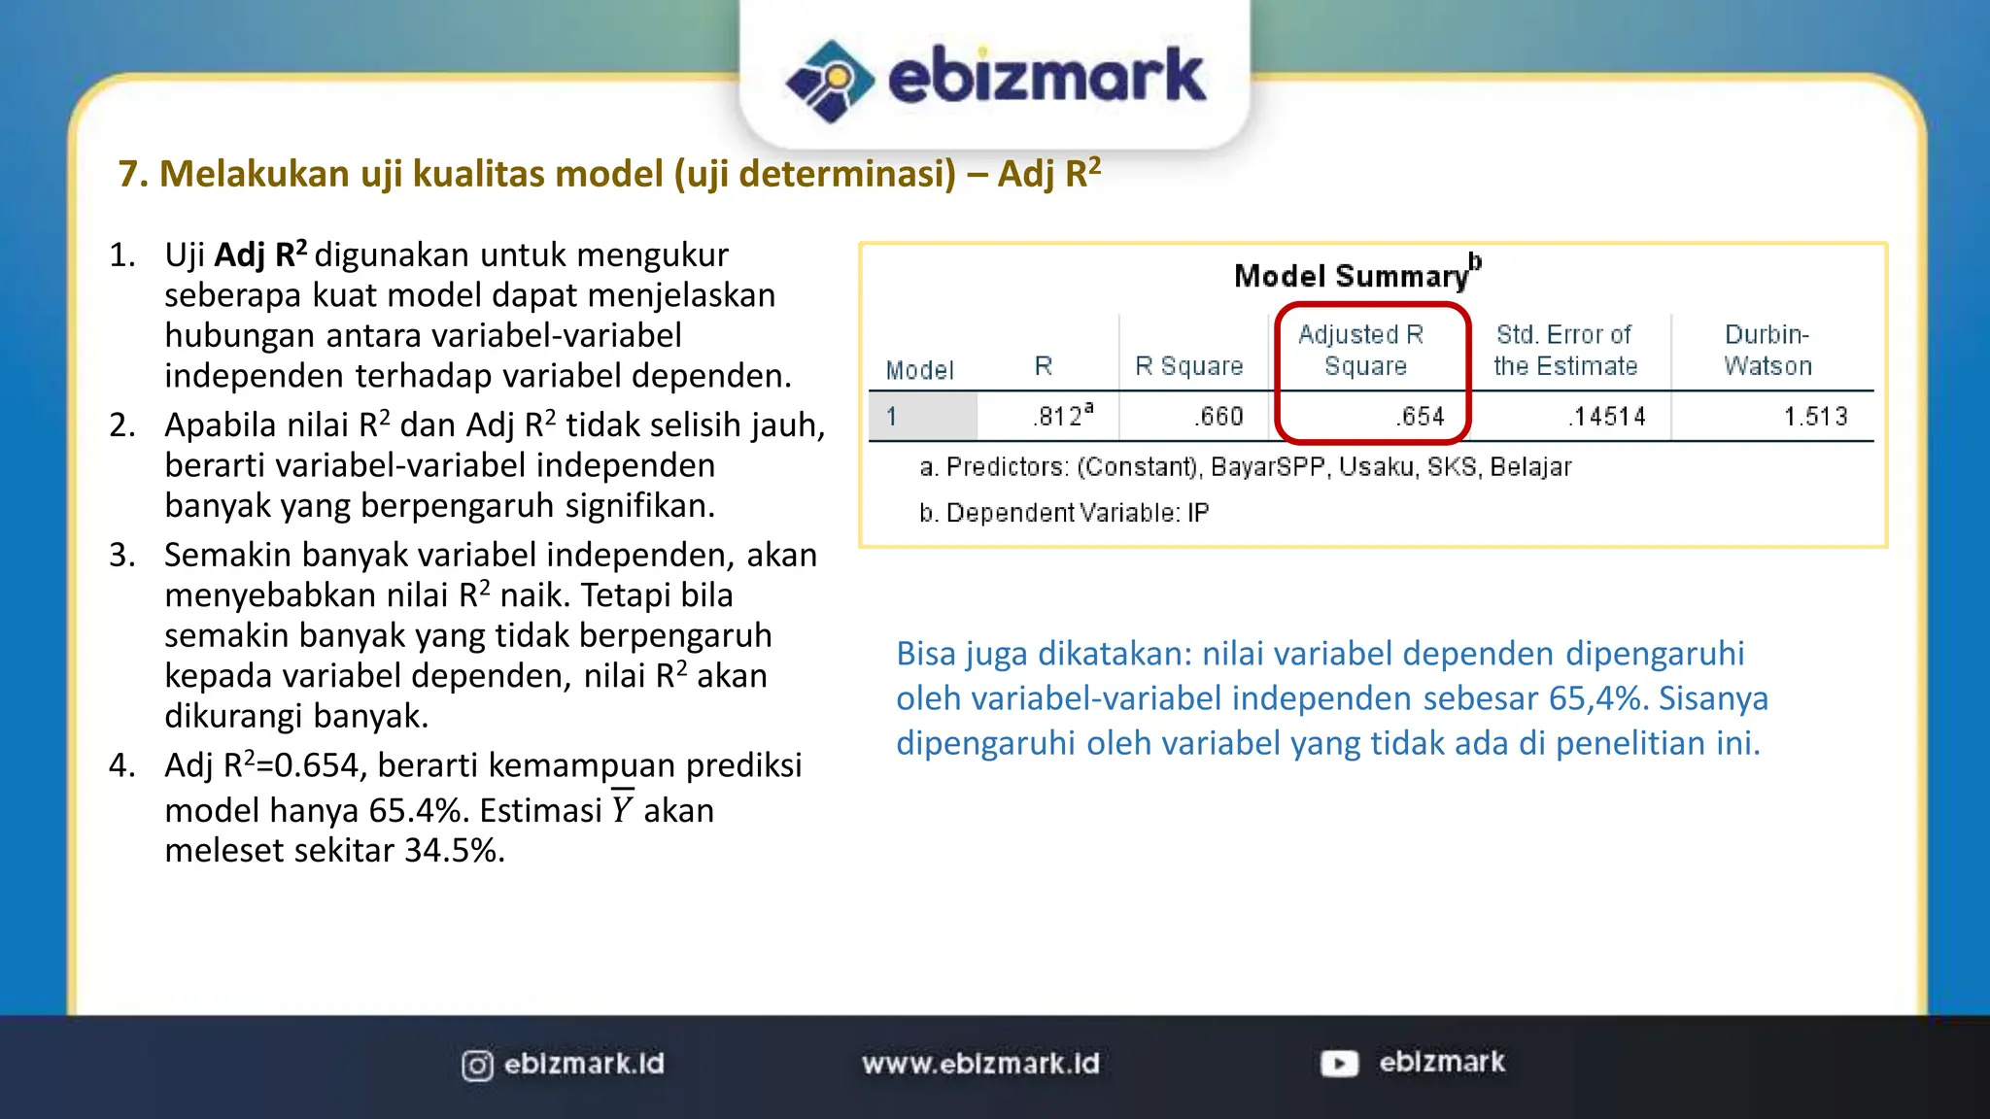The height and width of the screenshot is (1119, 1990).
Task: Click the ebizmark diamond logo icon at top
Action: tap(830, 81)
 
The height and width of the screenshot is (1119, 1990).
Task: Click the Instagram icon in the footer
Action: tap(477, 1066)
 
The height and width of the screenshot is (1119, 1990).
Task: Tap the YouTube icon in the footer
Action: tap(1339, 1064)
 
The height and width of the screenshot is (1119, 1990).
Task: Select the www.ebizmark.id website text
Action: tap(980, 1064)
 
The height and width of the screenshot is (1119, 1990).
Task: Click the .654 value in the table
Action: tap(1422, 417)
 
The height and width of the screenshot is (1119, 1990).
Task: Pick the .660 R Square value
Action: tap(1219, 417)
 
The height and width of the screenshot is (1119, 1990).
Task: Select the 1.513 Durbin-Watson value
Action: tap(1815, 417)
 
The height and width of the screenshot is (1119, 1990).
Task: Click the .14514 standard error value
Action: tap(1607, 417)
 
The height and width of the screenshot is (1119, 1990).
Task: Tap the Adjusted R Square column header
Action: tap(1363, 350)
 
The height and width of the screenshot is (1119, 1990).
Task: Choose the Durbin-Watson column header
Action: tap(1767, 350)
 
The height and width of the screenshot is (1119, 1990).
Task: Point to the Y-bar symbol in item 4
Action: tap(622, 809)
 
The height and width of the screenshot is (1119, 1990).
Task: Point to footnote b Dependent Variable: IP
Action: tap(1064, 513)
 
